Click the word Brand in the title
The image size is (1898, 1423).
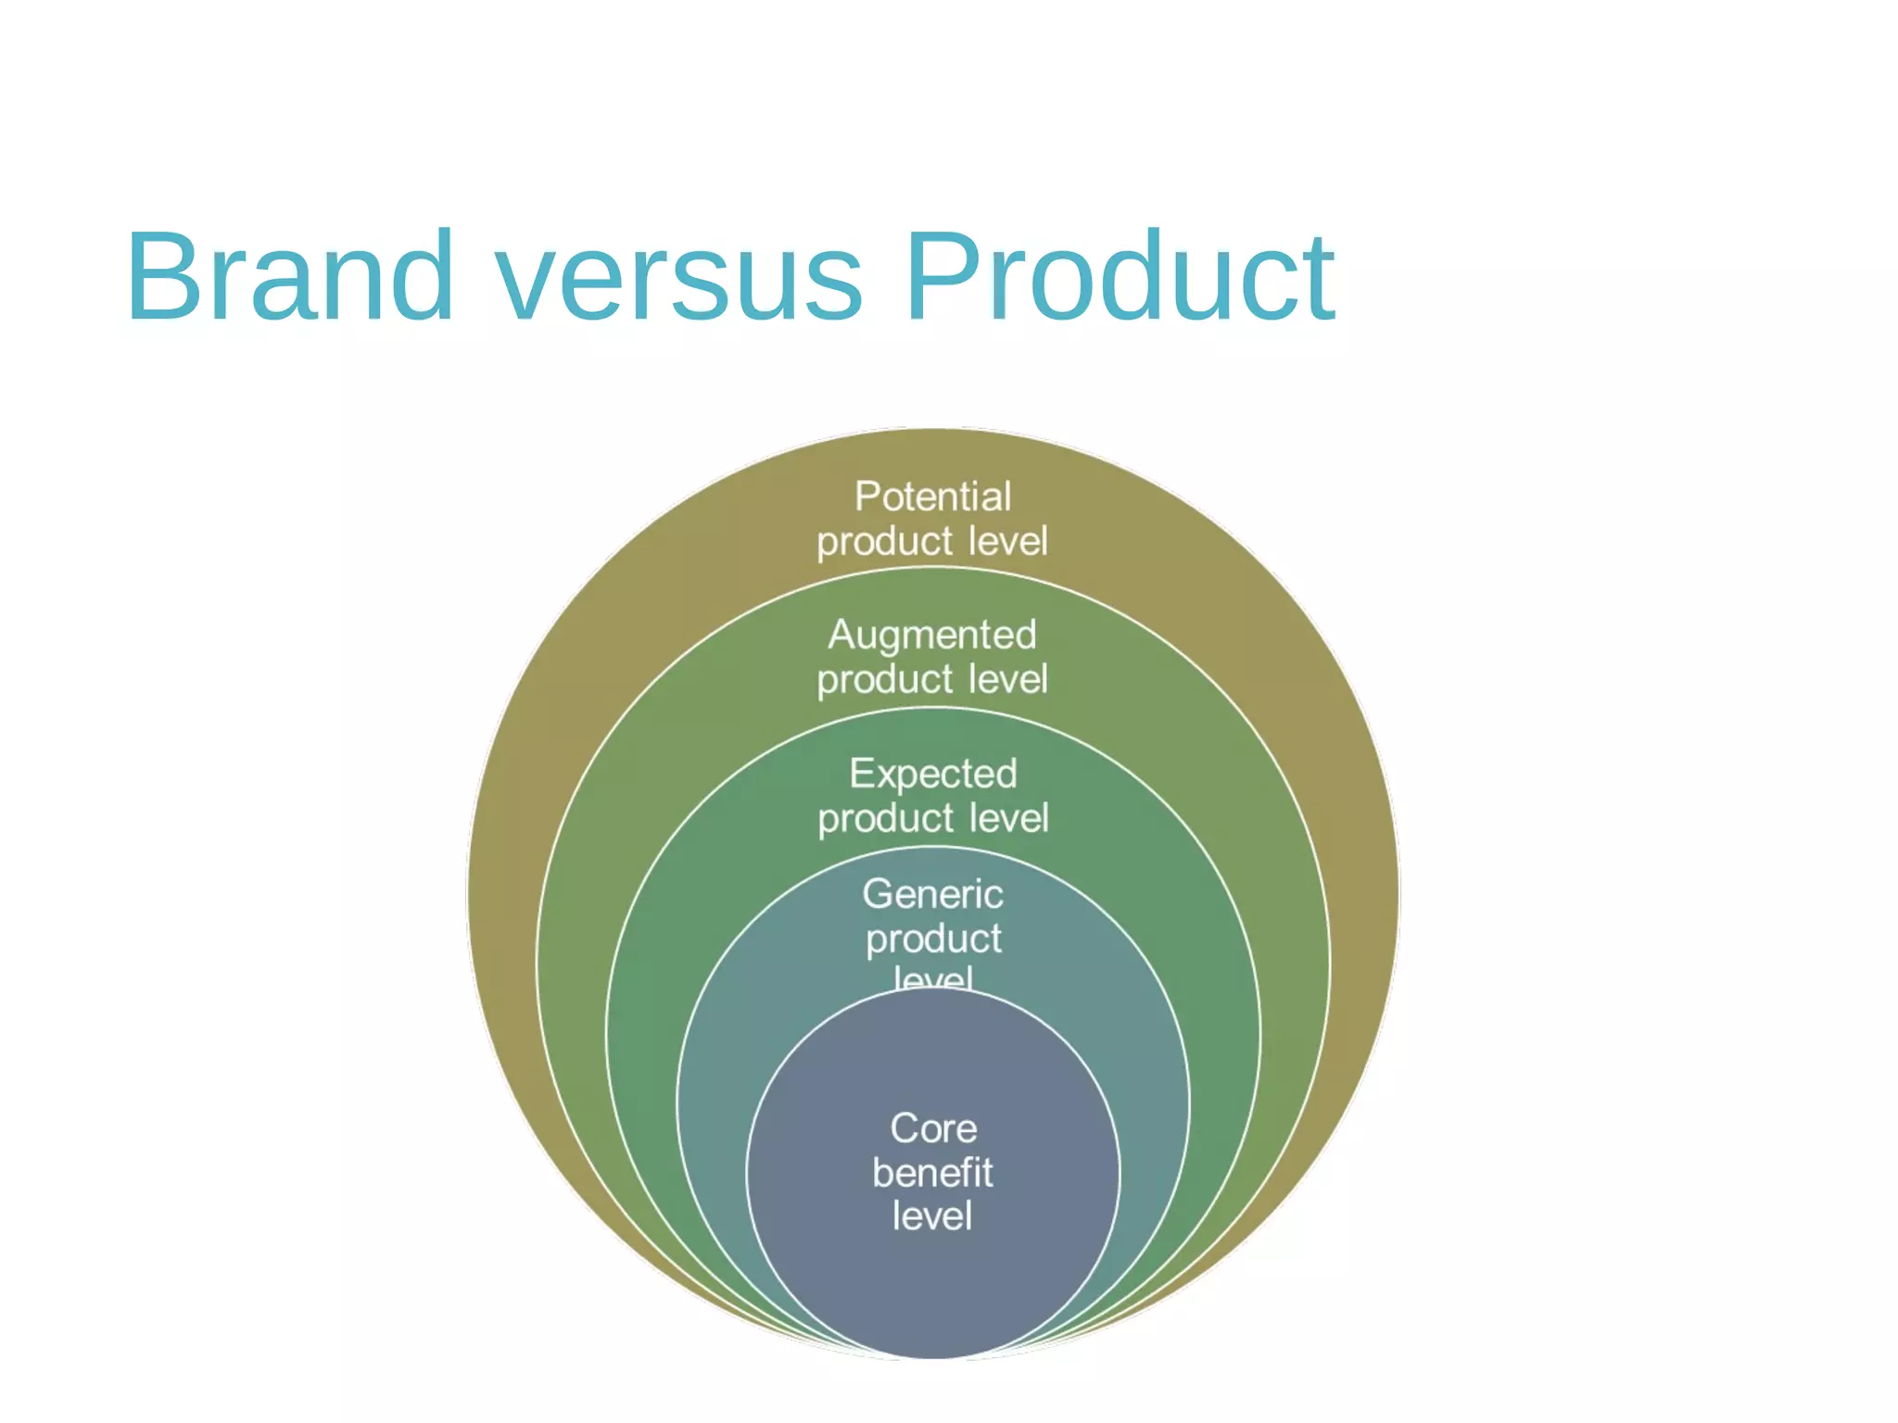click(290, 277)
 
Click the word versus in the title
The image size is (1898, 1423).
click(679, 277)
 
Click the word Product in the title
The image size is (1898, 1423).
click(1120, 277)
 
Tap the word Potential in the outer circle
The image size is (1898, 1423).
click(932, 497)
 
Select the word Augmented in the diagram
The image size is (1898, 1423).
click(932, 636)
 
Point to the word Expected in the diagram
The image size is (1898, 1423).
click(933, 774)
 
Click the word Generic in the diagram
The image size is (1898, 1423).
click(933, 894)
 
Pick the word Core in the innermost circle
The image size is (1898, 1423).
click(933, 1128)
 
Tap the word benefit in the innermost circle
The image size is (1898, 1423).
click(932, 1173)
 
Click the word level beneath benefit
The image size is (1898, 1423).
click(932, 1216)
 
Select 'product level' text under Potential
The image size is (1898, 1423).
click(932, 542)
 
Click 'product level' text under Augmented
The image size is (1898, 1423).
click(932, 680)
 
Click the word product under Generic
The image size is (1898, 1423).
click(933, 939)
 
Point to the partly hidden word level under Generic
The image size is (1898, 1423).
click(933, 978)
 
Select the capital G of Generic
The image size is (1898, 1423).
click(878, 894)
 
